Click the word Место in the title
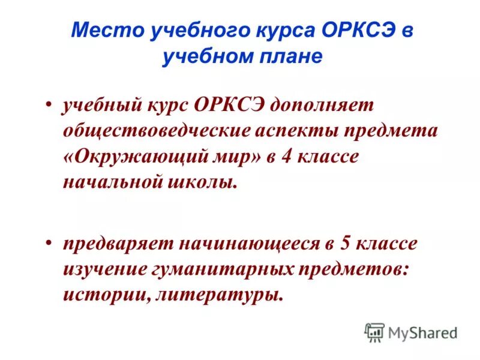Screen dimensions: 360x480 101,31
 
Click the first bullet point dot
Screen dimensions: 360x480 49,106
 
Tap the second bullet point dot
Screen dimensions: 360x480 49,244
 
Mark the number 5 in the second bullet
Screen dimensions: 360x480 345,244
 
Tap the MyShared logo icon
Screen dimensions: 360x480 374,331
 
